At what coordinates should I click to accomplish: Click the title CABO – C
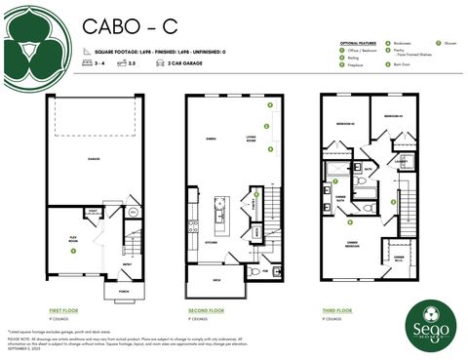[x=119, y=25]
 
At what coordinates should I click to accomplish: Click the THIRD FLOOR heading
[x=336, y=309]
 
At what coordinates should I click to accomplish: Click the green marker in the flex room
[x=72, y=250]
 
